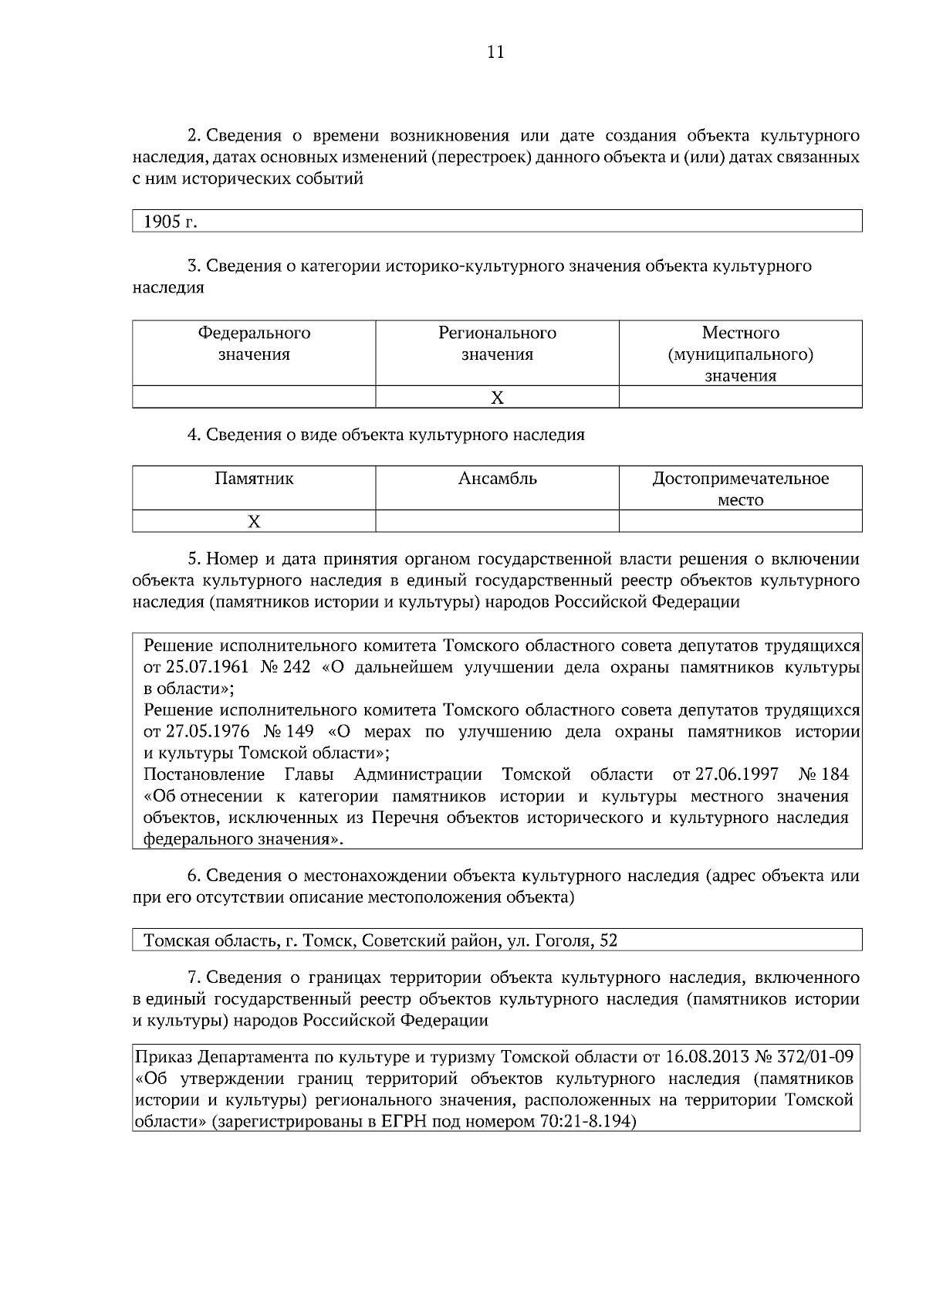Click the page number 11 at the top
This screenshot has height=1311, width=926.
point(495,53)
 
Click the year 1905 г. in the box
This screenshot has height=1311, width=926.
point(171,222)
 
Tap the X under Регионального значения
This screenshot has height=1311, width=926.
point(497,398)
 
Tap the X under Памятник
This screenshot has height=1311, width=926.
point(254,522)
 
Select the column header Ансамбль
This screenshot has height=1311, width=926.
point(497,479)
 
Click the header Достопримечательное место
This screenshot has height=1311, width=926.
point(740,489)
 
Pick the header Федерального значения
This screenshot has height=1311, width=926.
point(254,344)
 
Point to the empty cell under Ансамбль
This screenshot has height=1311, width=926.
point(497,522)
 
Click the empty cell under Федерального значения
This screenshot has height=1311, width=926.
point(254,398)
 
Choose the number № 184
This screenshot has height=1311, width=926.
point(823,774)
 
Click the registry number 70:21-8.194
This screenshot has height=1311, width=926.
point(584,1122)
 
